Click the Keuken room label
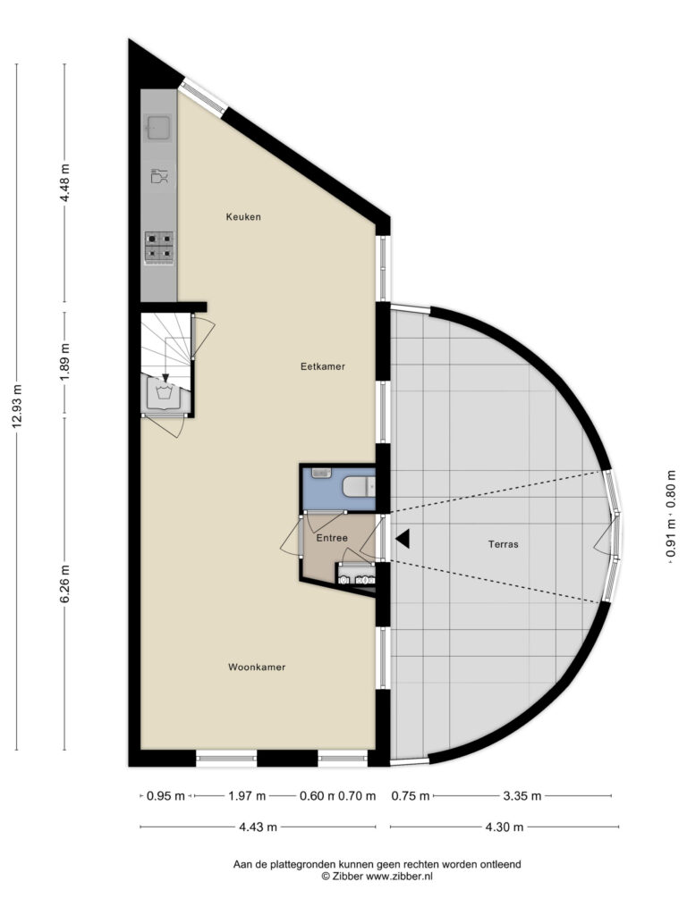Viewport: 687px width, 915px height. point(243,217)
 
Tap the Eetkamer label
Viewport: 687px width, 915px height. point(322,366)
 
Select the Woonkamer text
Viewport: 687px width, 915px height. point(257,667)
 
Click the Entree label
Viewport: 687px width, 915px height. point(332,538)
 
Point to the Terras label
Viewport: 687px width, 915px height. point(503,544)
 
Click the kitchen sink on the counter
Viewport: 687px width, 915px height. point(158,128)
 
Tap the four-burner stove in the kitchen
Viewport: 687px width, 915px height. point(159,246)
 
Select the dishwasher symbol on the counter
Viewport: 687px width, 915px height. point(159,176)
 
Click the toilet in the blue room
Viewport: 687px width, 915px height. point(358,487)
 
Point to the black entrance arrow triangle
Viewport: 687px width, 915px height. point(403,539)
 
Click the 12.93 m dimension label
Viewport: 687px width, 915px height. point(16,407)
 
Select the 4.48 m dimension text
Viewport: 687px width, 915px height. point(64,182)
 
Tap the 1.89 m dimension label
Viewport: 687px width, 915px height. point(64,362)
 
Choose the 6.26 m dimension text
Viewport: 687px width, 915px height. point(64,584)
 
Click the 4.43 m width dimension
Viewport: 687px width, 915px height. point(258,827)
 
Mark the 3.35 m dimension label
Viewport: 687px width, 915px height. point(522,795)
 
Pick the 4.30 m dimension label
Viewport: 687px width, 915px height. point(504,827)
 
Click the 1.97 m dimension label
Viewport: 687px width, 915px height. point(247,795)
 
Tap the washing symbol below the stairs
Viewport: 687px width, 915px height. point(166,394)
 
